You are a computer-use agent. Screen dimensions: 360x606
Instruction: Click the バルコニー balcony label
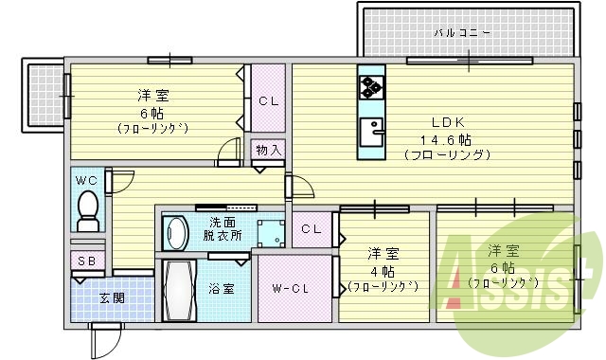[462, 32]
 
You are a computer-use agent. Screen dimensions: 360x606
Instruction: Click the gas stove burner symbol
[369, 87]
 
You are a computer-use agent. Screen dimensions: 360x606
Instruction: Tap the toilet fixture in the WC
[87, 207]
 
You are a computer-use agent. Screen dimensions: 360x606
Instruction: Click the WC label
[87, 180]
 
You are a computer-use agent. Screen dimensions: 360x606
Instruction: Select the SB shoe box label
[85, 261]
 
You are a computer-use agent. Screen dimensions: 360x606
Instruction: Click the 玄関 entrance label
[113, 297]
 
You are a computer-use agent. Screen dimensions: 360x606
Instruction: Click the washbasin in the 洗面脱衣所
[175, 232]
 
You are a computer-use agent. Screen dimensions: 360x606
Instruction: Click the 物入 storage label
[268, 150]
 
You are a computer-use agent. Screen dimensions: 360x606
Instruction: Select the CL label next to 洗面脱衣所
[311, 228]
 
